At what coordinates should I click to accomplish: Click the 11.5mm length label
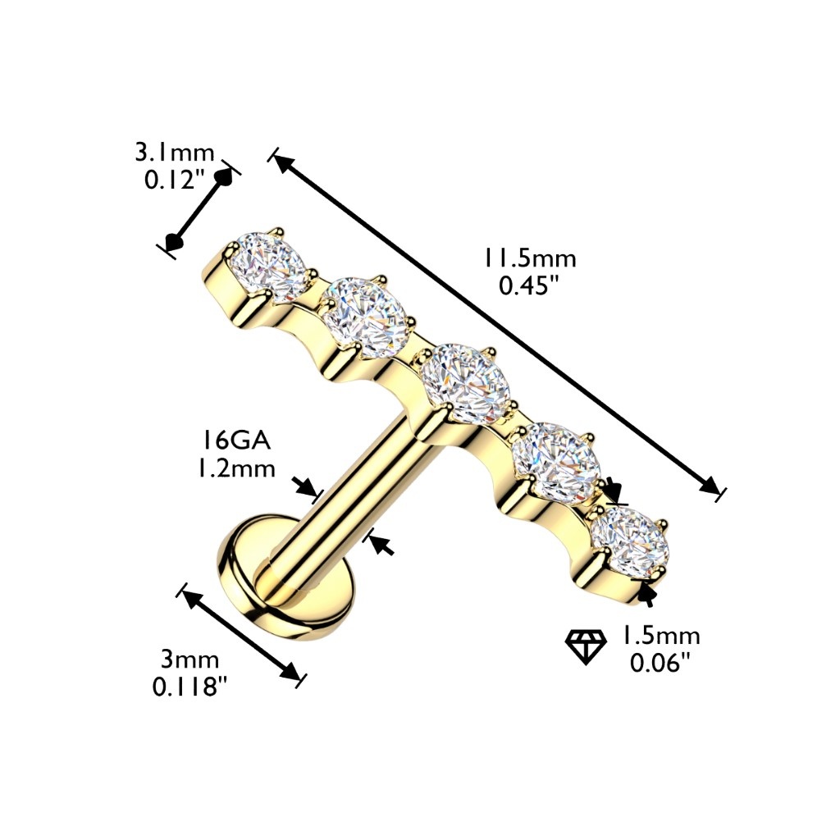tap(530, 258)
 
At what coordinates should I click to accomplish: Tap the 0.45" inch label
tap(525, 285)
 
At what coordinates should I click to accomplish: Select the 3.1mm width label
tap(175, 153)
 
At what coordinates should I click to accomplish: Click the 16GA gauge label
tap(235, 442)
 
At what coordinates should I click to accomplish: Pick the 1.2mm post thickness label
tap(236, 468)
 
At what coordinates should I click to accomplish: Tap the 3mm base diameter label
tap(190, 660)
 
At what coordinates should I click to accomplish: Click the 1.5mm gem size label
tap(660, 636)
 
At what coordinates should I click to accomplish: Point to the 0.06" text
tap(659, 663)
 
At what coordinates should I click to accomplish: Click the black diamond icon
tap(586, 647)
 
